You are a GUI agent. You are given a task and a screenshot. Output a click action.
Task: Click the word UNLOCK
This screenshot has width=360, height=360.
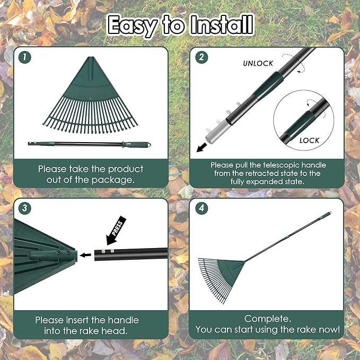(258, 63)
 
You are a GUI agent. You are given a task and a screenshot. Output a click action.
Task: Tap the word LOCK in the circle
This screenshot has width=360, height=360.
(310, 141)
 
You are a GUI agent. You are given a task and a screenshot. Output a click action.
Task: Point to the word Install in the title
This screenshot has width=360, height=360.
(216, 24)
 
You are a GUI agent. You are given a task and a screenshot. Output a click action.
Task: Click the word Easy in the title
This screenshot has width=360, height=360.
(132, 24)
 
